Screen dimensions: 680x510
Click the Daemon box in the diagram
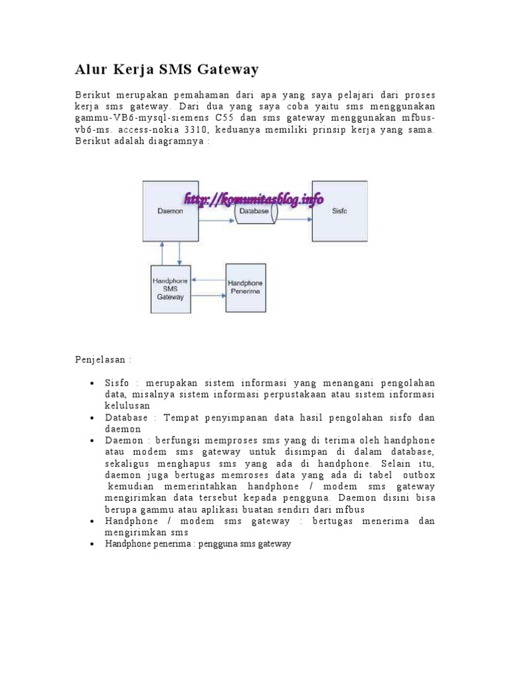tap(170, 211)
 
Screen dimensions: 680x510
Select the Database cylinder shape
tap(256, 211)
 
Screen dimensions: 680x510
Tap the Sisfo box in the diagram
tap(339, 211)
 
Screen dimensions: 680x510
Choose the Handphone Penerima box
tap(246, 286)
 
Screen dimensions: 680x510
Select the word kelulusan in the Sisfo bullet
tap(127, 405)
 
